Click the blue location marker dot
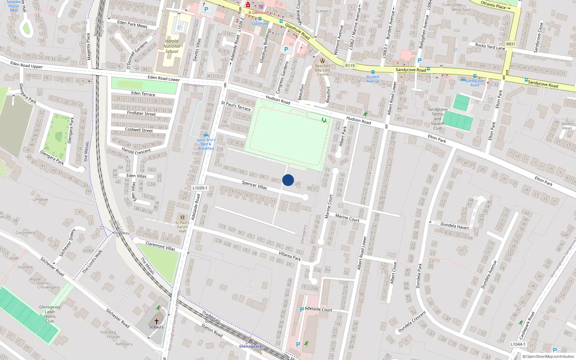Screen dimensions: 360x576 [x=288, y=180]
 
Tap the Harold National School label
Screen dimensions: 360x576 [x=172, y=46]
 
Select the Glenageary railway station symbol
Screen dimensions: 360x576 [x=250, y=340]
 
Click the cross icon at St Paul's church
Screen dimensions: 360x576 [x=157, y=321]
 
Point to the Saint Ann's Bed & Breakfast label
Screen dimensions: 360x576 [x=206, y=144]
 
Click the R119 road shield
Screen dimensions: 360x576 [x=350, y=66]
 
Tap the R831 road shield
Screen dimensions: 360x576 [x=510, y=44]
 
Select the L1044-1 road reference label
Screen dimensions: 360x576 [x=518, y=344]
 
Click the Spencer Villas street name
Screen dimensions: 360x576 [x=254, y=185]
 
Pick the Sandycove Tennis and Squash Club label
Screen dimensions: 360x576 [x=437, y=119]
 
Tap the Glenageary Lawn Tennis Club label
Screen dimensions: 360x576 [x=50, y=314]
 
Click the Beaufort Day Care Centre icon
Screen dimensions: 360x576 [x=323, y=60]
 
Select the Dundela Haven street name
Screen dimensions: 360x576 [x=455, y=226]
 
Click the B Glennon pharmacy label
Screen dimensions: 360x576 [x=258, y=13]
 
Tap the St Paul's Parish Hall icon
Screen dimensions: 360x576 [x=183, y=217]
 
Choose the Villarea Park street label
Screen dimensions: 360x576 [x=290, y=256]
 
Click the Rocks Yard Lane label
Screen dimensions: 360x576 [x=490, y=46]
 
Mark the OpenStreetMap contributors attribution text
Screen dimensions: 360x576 [x=549, y=356]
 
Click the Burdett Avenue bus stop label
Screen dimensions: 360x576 [x=373, y=79]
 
